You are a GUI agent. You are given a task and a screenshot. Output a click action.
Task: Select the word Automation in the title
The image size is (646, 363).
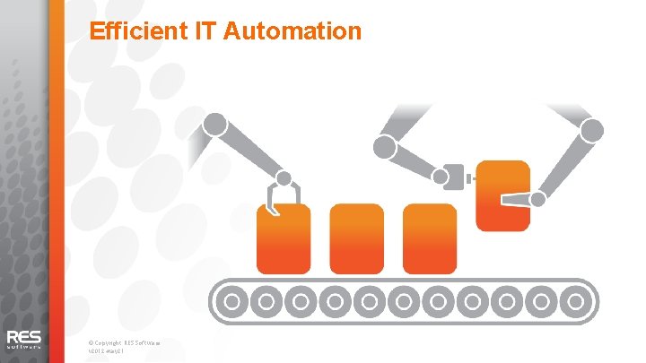click(x=291, y=32)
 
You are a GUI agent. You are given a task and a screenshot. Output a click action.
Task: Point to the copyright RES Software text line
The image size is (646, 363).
click(x=125, y=341)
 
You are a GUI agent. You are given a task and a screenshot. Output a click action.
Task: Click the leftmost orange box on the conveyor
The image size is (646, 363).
click(x=284, y=238)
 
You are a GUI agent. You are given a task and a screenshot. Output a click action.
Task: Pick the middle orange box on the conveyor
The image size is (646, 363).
click(x=356, y=238)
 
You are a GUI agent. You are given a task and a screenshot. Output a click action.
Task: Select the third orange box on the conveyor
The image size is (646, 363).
click(x=430, y=238)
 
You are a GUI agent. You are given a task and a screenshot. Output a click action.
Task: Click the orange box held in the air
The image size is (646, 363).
click(x=501, y=194)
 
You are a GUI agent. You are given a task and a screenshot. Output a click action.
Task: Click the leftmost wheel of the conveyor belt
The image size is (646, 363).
click(x=232, y=300)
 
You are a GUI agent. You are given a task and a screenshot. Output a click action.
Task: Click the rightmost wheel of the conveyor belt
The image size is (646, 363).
click(x=574, y=300)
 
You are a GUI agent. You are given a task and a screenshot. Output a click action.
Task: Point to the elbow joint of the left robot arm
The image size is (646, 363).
click(x=214, y=124)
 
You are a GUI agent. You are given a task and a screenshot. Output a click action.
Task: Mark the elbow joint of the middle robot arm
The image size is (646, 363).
click(x=385, y=146)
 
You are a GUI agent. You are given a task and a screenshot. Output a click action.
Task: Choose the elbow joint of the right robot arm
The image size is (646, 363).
click(x=591, y=131)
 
